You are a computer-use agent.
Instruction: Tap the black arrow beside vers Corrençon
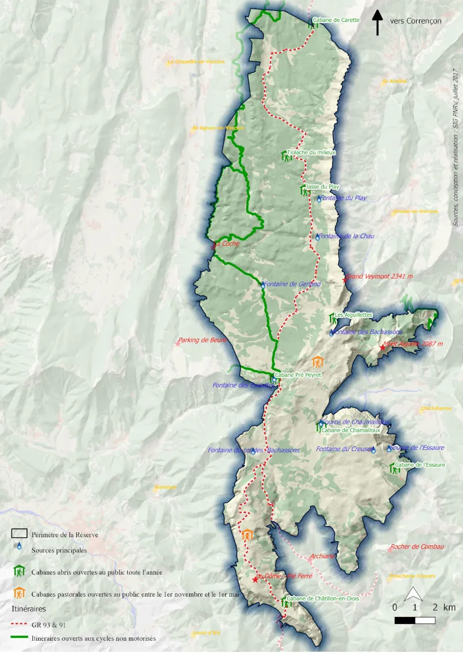pos(377,23)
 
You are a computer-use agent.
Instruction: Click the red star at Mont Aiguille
pos(382,348)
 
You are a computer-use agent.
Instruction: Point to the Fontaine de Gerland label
pos(292,284)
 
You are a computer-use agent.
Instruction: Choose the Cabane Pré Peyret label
pos(298,375)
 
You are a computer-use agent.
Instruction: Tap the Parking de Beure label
pos(202,340)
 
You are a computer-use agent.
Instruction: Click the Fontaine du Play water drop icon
pos(319,199)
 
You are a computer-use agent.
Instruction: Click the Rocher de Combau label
pos(417,546)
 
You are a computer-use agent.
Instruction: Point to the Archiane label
pos(322,556)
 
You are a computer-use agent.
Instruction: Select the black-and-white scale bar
pos(415,620)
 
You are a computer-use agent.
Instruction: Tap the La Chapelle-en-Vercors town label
pos(195,62)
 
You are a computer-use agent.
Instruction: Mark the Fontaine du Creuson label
pos(343,449)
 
